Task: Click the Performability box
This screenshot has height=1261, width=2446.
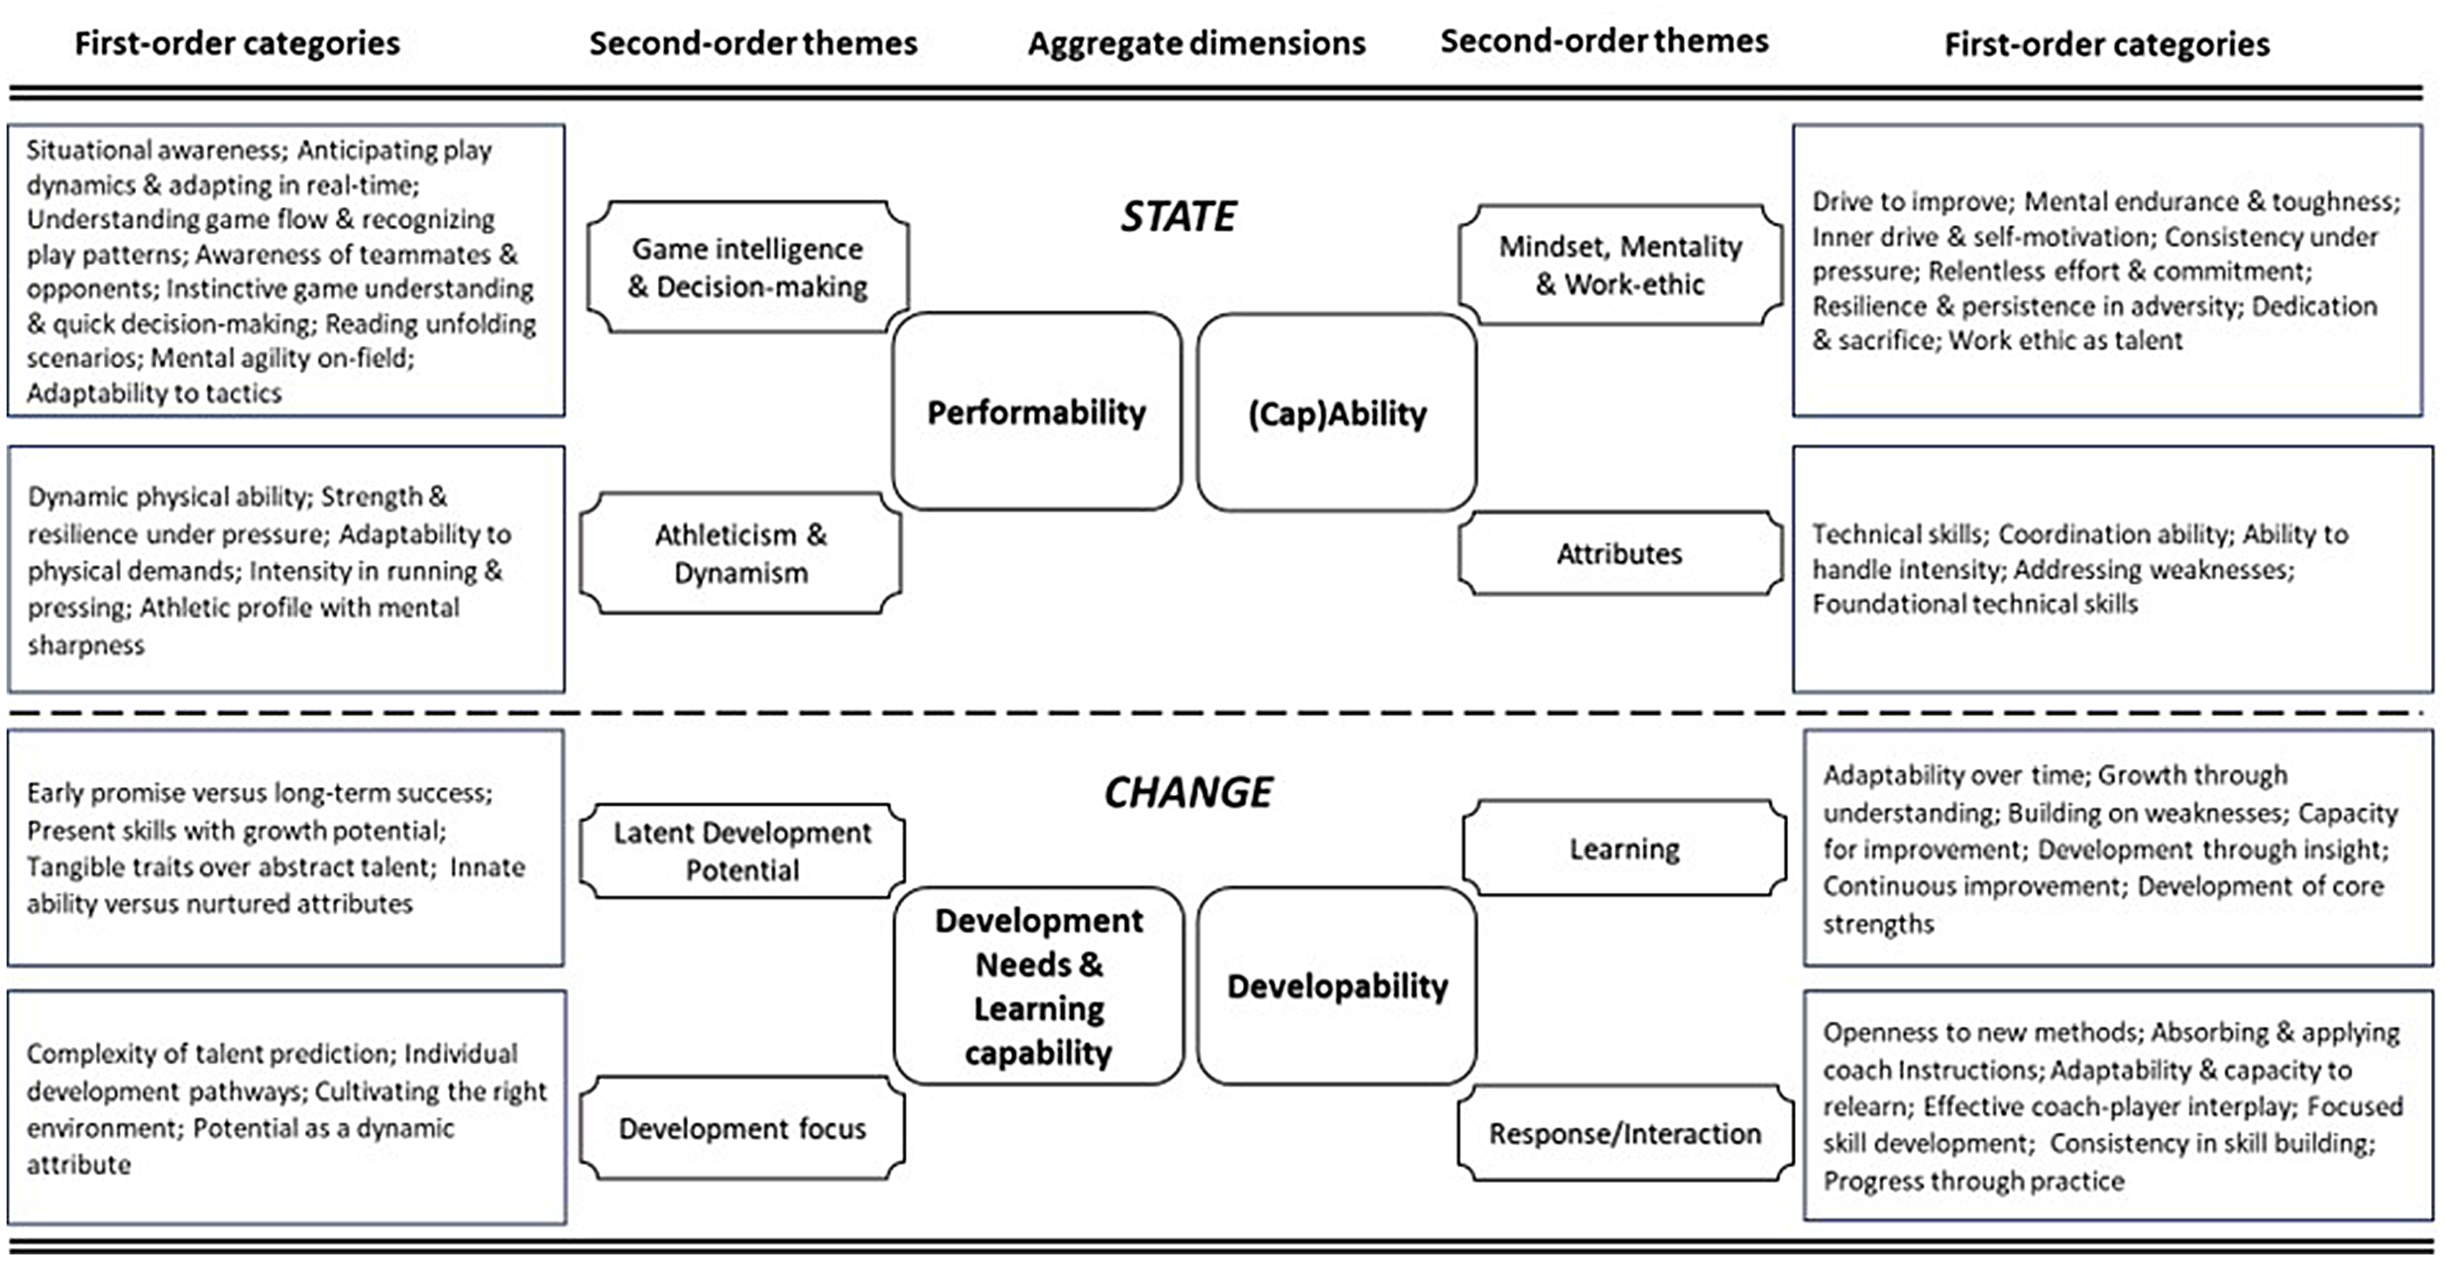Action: (1037, 411)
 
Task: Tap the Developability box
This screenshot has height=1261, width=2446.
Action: (1337, 986)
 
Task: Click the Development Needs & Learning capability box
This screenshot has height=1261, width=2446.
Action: (1039, 986)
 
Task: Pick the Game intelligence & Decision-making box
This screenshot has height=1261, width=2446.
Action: (747, 267)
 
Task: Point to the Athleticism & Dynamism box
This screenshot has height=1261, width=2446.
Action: (740, 553)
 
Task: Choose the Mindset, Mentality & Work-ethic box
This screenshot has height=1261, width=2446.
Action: (1620, 265)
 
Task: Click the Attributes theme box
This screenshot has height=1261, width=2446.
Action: (1620, 553)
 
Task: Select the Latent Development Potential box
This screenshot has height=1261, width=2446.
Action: (742, 851)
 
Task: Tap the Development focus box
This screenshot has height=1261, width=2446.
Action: (742, 1128)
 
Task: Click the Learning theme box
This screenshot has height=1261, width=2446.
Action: (1624, 848)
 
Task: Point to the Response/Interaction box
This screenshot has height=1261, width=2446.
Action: (1625, 1133)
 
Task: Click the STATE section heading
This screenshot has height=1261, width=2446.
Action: (1178, 216)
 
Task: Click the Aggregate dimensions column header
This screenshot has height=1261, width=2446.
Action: (1197, 44)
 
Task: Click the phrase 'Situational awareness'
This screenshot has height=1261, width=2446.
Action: (154, 150)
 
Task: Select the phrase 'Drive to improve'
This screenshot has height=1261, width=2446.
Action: (1911, 201)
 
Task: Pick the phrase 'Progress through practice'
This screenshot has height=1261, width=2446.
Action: (1973, 1181)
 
